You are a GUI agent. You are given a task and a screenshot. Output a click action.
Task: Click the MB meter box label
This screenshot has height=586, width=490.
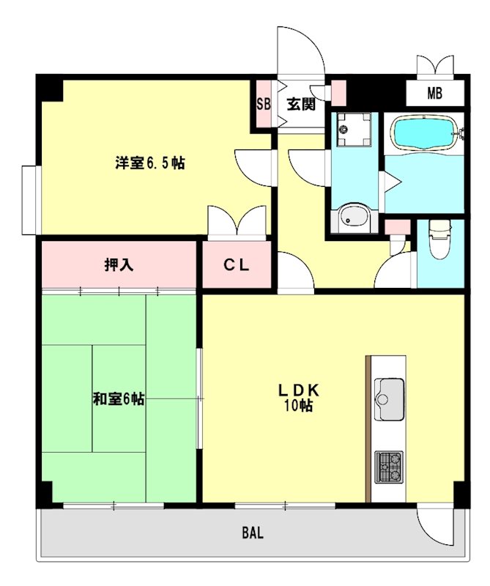(x=434, y=93)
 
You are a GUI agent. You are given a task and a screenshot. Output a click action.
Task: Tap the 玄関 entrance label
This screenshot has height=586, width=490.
(x=301, y=104)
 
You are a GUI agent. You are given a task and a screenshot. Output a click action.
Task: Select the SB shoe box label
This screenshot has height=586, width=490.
(x=263, y=104)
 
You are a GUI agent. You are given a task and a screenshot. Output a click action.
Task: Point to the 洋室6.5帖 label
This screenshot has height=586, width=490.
(x=150, y=163)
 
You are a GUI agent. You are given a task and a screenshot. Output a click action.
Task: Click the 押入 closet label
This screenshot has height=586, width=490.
(x=119, y=265)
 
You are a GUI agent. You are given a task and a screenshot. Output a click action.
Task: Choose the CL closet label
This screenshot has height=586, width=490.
(x=237, y=265)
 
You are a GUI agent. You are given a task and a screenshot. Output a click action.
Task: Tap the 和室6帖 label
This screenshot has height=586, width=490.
(x=119, y=399)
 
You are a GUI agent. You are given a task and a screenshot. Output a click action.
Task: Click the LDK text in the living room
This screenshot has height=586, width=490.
(x=298, y=390)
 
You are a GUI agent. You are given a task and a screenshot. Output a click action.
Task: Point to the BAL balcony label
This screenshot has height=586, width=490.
(x=253, y=533)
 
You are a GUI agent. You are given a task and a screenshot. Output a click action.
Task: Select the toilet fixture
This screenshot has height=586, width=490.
(x=440, y=240)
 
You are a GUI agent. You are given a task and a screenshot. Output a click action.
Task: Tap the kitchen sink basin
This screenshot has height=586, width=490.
(x=389, y=399)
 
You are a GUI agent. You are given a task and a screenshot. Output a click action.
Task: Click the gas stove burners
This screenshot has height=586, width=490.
(x=389, y=467)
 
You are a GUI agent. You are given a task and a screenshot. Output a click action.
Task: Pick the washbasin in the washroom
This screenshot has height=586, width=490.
(x=353, y=218)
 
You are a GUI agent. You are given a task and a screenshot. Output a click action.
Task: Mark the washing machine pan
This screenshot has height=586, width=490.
(x=354, y=130)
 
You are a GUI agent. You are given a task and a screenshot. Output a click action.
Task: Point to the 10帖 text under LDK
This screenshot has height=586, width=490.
(x=298, y=406)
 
